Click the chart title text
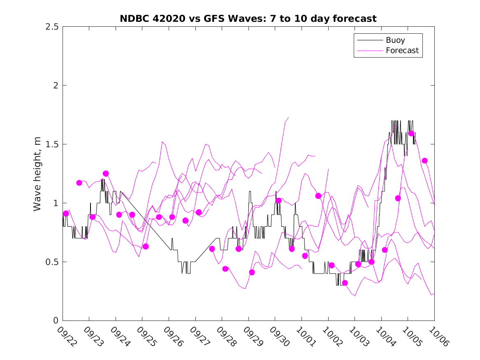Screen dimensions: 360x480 [248, 19]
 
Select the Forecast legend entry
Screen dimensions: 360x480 [402, 51]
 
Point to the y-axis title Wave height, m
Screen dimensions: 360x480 [37, 174]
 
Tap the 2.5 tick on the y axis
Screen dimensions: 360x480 [51, 27]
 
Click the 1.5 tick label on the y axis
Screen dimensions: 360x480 [51, 144]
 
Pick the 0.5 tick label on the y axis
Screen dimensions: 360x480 [51, 262]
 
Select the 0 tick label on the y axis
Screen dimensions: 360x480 [55, 321]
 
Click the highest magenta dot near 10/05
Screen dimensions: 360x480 [411, 133]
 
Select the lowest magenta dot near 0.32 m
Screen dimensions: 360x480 [345, 283]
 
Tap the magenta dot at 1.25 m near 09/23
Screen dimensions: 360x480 [106, 174]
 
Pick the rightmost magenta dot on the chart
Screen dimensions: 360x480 [424, 160]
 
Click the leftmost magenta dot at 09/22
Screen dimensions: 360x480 [66, 213]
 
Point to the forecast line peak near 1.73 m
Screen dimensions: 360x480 [288, 117]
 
